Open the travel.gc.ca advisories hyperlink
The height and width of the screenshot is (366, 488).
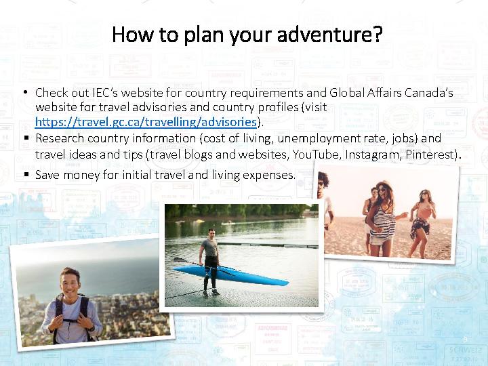pyautogui.click(x=146, y=122)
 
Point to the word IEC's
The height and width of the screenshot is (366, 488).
pyautogui.click(x=105, y=93)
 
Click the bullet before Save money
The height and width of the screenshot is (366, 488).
pyautogui.click(x=26, y=174)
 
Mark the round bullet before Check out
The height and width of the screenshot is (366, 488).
pyautogui.click(x=26, y=92)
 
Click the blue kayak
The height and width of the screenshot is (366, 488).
pyautogui.click(x=231, y=275)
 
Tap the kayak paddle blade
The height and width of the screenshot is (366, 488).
pyautogui.click(x=180, y=260)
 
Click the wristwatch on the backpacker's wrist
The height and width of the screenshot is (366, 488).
pyautogui.click(x=92, y=328)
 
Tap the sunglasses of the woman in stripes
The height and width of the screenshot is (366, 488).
pyautogui.click(x=382, y=190)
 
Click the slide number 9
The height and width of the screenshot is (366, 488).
pyautogui.click(x=465, y=340)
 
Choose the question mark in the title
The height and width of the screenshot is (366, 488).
pyautogui.click(x=378, y=34)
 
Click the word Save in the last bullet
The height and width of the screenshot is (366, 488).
pyautogui.click(x=47, y=175)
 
